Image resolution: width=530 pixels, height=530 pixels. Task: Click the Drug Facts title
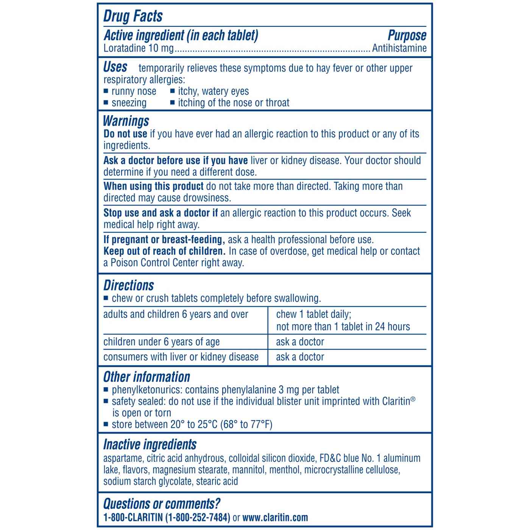coord(133,16)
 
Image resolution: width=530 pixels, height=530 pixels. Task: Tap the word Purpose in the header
coord(407,36)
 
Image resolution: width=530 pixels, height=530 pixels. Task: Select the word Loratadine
coord(125,48)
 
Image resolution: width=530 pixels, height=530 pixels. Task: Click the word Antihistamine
coord(399,48)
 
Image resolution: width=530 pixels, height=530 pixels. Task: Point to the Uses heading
coord(115,67)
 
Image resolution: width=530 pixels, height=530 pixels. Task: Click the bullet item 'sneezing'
coord(129,103)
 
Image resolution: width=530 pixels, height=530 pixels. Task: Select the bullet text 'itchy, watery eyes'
coord(213,91)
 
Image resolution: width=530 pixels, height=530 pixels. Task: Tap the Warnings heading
coord(126,121)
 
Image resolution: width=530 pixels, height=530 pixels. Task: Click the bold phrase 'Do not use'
coord(125,134)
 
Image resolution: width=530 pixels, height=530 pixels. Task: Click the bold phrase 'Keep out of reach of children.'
coord(164,251)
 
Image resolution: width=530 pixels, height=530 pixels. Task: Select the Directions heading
coord(129,285)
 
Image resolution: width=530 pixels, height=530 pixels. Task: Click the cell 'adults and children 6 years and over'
coord(176,315)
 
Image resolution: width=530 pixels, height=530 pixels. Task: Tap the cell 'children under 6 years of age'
coord(161,342)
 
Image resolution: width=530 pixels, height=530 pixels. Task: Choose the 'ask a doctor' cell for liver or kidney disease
coord(300,357)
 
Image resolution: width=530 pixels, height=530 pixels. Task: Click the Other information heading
coord(147,377)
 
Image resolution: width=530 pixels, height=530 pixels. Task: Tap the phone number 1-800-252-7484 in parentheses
coord(198,518)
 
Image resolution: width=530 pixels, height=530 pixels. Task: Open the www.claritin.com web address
coord(275,518)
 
